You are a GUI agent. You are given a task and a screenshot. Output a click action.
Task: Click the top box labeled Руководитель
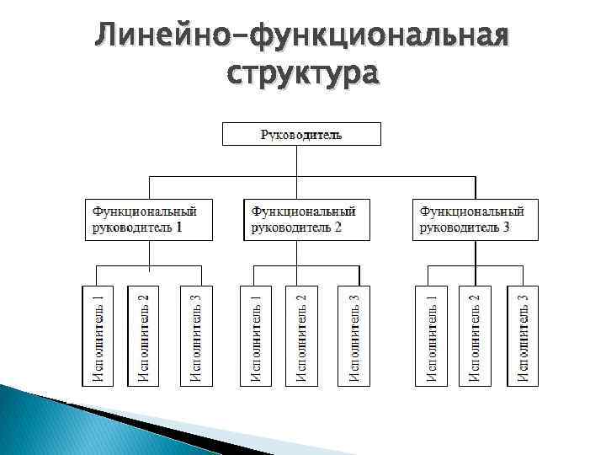click(x=301, y=134)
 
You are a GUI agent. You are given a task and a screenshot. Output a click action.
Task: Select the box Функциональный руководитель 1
click(x=148, y=219)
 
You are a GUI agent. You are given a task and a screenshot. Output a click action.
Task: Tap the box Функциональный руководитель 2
click(x=307, y=219)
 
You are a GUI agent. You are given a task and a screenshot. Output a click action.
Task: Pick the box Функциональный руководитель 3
click(x=475, y=219)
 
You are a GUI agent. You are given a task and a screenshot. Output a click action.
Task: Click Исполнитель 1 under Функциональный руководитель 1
click(x=98, y=336)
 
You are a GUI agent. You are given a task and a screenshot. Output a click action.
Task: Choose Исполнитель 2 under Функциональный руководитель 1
click(x=143, y=336)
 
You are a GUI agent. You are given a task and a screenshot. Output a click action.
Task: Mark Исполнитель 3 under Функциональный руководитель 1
click(x=195, y=336)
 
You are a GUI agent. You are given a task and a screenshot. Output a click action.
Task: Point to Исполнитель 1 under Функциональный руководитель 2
click(x=257, y=336)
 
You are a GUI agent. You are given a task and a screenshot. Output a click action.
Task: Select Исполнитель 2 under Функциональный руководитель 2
click(x=301, y=336)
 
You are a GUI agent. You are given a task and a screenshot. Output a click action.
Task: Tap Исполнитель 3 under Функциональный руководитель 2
click(x=354, y=336)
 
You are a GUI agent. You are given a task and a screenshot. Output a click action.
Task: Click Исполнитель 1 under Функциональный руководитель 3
click(x=431, y=336)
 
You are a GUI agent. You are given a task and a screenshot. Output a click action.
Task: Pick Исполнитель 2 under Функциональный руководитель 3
click(x=475, y=336)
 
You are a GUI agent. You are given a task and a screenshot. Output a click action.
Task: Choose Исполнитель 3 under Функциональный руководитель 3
click(x=523, y=336)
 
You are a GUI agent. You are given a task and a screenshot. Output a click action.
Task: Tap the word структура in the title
click(x=303, y=74)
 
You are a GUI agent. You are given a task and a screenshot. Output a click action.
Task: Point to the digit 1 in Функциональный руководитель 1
click(x=178, y=227)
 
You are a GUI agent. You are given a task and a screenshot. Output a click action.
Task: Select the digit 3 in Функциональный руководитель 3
click(x=507, y=227)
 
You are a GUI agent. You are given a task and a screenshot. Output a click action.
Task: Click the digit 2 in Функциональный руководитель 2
click(x=338, y=227)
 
